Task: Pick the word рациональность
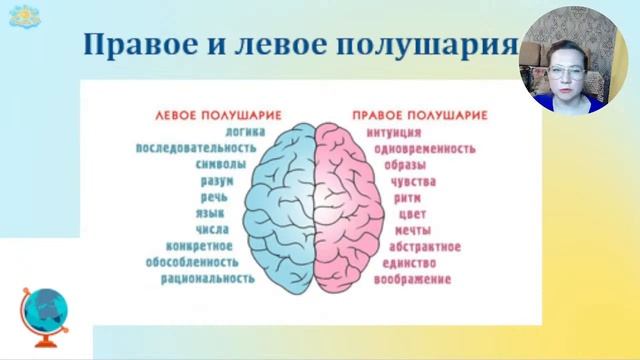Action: pyautogui.click(x=207, y=279)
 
